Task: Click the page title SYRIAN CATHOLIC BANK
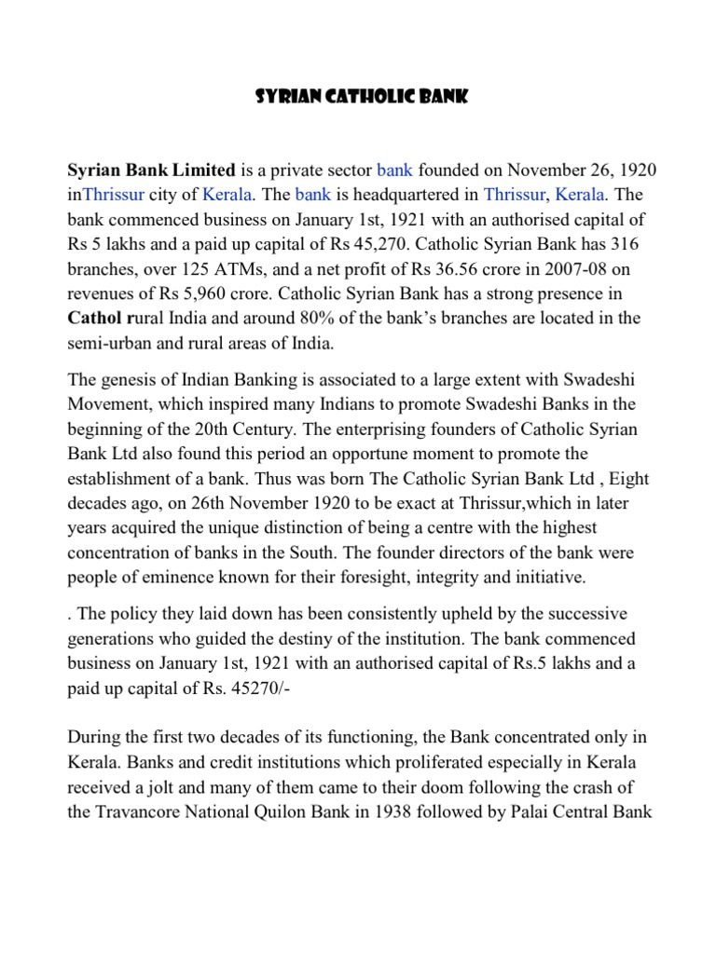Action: tap(358, 97)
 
